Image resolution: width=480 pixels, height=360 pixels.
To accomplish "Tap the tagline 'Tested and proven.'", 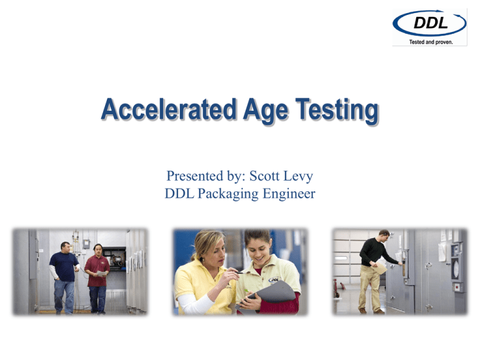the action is [431, 42].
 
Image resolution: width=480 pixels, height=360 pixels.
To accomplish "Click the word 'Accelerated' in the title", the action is [169, 109].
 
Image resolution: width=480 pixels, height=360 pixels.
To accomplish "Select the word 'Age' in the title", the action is [266, 111].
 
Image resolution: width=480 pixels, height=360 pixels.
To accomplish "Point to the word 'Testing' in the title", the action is [337, 111].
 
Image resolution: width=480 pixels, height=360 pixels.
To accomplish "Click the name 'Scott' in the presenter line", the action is [264, 176].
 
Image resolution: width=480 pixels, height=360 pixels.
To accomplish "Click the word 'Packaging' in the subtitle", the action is [228, 194].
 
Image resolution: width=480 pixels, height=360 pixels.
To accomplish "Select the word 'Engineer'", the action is [289, 194].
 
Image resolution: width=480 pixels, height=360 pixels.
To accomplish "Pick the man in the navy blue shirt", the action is [64, 277].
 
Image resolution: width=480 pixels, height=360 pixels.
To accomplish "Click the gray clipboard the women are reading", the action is [269, 294].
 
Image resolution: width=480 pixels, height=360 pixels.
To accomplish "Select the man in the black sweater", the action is [376, 271].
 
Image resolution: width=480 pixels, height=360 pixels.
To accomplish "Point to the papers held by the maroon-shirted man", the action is [102, 273].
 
